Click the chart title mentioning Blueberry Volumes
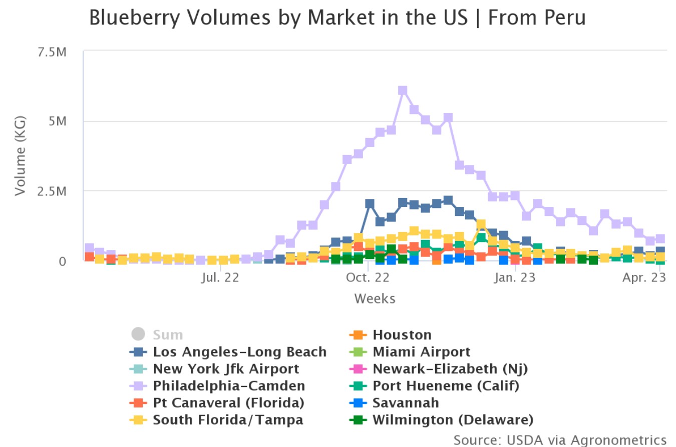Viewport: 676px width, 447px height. click(x=337, y=18)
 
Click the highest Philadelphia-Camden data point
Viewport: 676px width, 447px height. click(x=403, y=90)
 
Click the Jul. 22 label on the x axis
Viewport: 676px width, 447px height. click(x=221, y=277)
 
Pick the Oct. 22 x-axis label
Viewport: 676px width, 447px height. click(x=368, y=277)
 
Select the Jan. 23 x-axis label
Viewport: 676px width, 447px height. click(x=515, y=277)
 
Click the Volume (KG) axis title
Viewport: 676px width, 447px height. click(x=20, y=156)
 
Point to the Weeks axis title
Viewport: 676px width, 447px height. click(x=375, y=298)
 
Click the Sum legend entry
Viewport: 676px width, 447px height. click(x=168, y=334)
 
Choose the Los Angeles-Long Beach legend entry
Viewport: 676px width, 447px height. click(x=239, y=352)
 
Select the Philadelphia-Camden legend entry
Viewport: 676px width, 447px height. click(x=229, y=386)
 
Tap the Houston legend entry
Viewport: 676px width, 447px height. click(x=402, y=334)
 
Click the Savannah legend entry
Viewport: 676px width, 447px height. click(x=406, y=402)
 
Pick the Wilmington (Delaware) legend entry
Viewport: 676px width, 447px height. click(x=453, y=419)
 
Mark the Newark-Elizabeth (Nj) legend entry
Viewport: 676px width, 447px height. click(x=450, y=369)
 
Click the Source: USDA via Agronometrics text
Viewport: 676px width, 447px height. click(x=560, y=439)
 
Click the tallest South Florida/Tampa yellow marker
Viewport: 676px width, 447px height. click(x=481, y=225)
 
